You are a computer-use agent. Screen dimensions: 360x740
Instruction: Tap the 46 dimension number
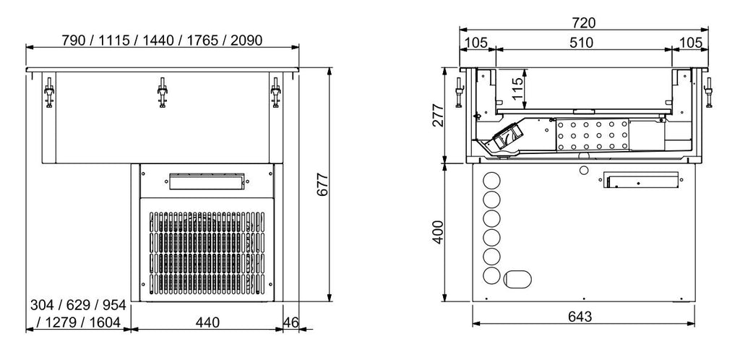[x=291, y=322]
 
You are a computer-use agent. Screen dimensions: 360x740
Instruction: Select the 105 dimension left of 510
[x=476, y=43]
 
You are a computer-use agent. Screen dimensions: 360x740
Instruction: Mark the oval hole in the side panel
[x=518, y=278]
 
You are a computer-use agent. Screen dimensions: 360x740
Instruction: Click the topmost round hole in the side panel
[x=491, y=180]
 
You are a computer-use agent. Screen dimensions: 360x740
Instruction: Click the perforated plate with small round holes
[x=592, y=136]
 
